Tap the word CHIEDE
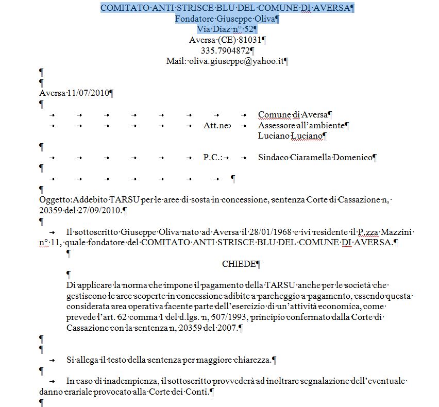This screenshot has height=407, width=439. click(x=239, y=264)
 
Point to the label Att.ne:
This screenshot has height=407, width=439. click(x=217, y=125)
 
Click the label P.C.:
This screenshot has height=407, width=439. click(x=213, y=157)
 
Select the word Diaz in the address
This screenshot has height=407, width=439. click(x=218, y=29)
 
